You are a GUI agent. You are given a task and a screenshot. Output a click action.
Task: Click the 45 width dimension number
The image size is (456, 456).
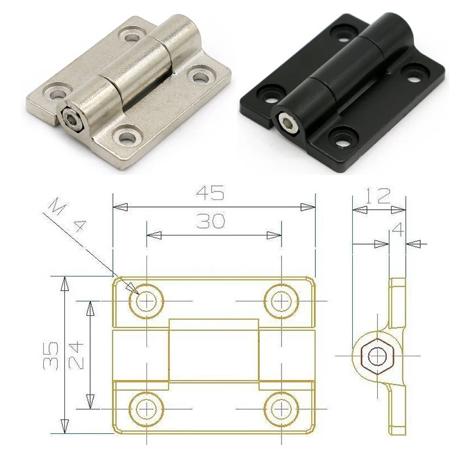pos(210,194)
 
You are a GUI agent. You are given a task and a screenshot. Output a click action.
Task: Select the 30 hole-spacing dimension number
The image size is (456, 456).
pos(210,221)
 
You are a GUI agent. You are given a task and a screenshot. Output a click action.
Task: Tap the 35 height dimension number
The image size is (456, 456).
pos(52,356)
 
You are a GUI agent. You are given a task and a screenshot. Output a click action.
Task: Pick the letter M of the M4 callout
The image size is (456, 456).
pos(55,206)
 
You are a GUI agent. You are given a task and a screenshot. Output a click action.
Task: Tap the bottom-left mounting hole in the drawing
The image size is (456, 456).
pos(147,409)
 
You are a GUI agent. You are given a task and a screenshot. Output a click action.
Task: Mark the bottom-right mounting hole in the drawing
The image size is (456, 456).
pos(281,409)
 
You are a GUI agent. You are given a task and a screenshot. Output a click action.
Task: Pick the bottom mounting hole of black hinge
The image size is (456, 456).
pos(343,137)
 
